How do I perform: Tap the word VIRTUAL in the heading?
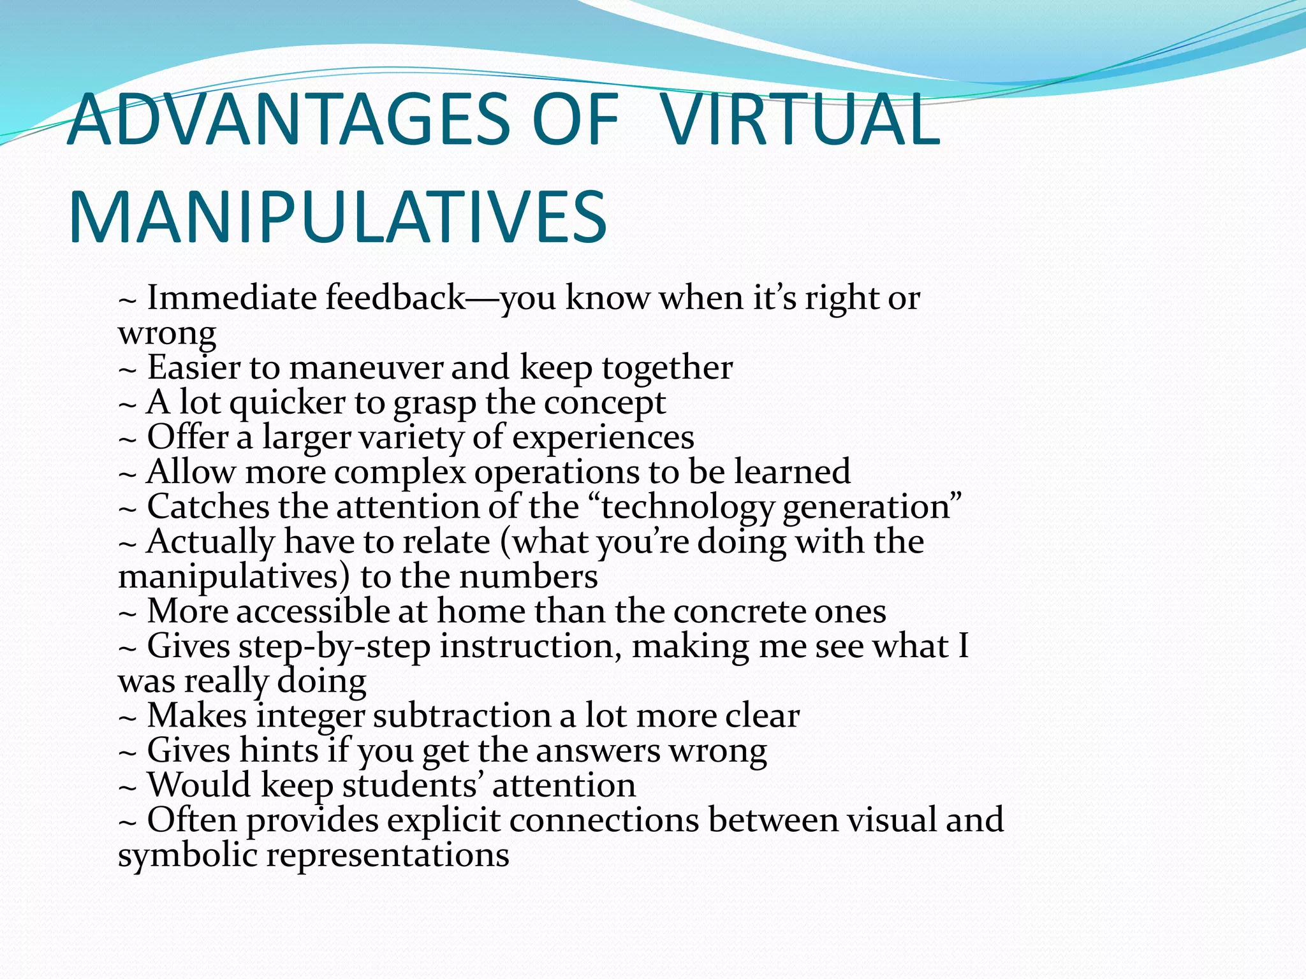[800, 120]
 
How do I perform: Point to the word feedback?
[395, 298]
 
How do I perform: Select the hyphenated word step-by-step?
[334, 647]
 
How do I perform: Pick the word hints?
[279, 750]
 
